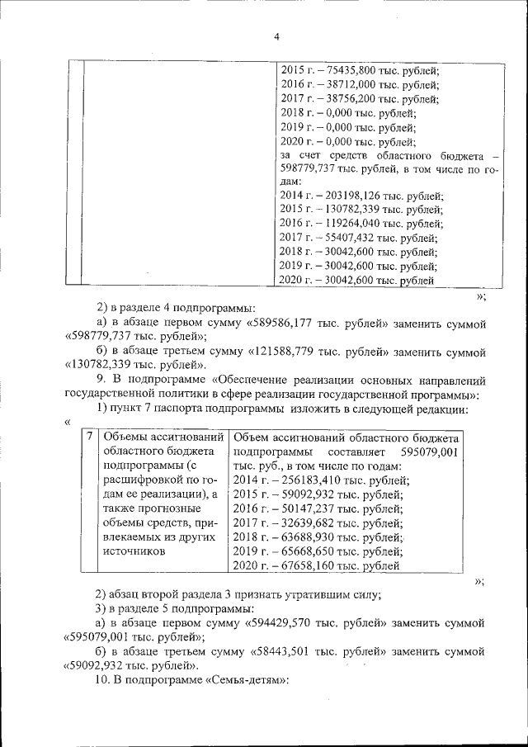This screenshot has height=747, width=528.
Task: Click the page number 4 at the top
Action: [276, 37]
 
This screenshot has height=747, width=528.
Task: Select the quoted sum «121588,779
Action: [285, 352]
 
